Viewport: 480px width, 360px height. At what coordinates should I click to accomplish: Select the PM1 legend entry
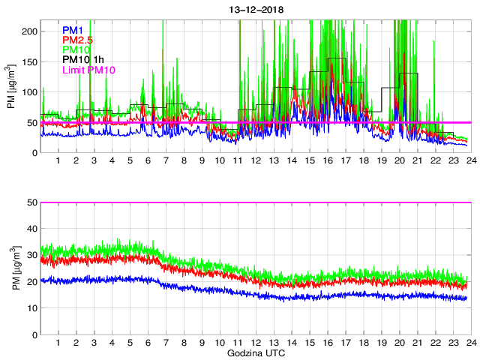tap(72, 29)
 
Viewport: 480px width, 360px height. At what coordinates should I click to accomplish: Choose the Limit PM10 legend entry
tap(87, 70)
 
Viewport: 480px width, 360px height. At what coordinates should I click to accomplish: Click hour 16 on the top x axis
tap(327, 160)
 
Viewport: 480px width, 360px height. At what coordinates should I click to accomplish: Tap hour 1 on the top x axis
tap(58, 160)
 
